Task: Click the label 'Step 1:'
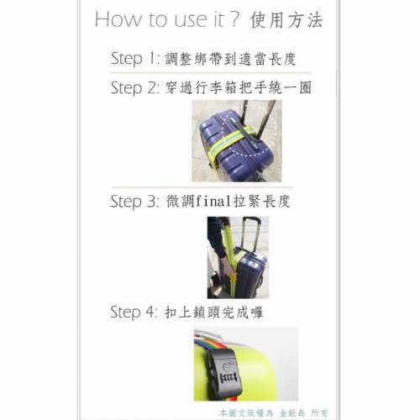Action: point(134,59)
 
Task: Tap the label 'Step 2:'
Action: point(134,87)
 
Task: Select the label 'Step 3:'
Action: point(134,201)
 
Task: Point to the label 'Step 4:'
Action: point(134,312)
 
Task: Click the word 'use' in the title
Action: point(189,19)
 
